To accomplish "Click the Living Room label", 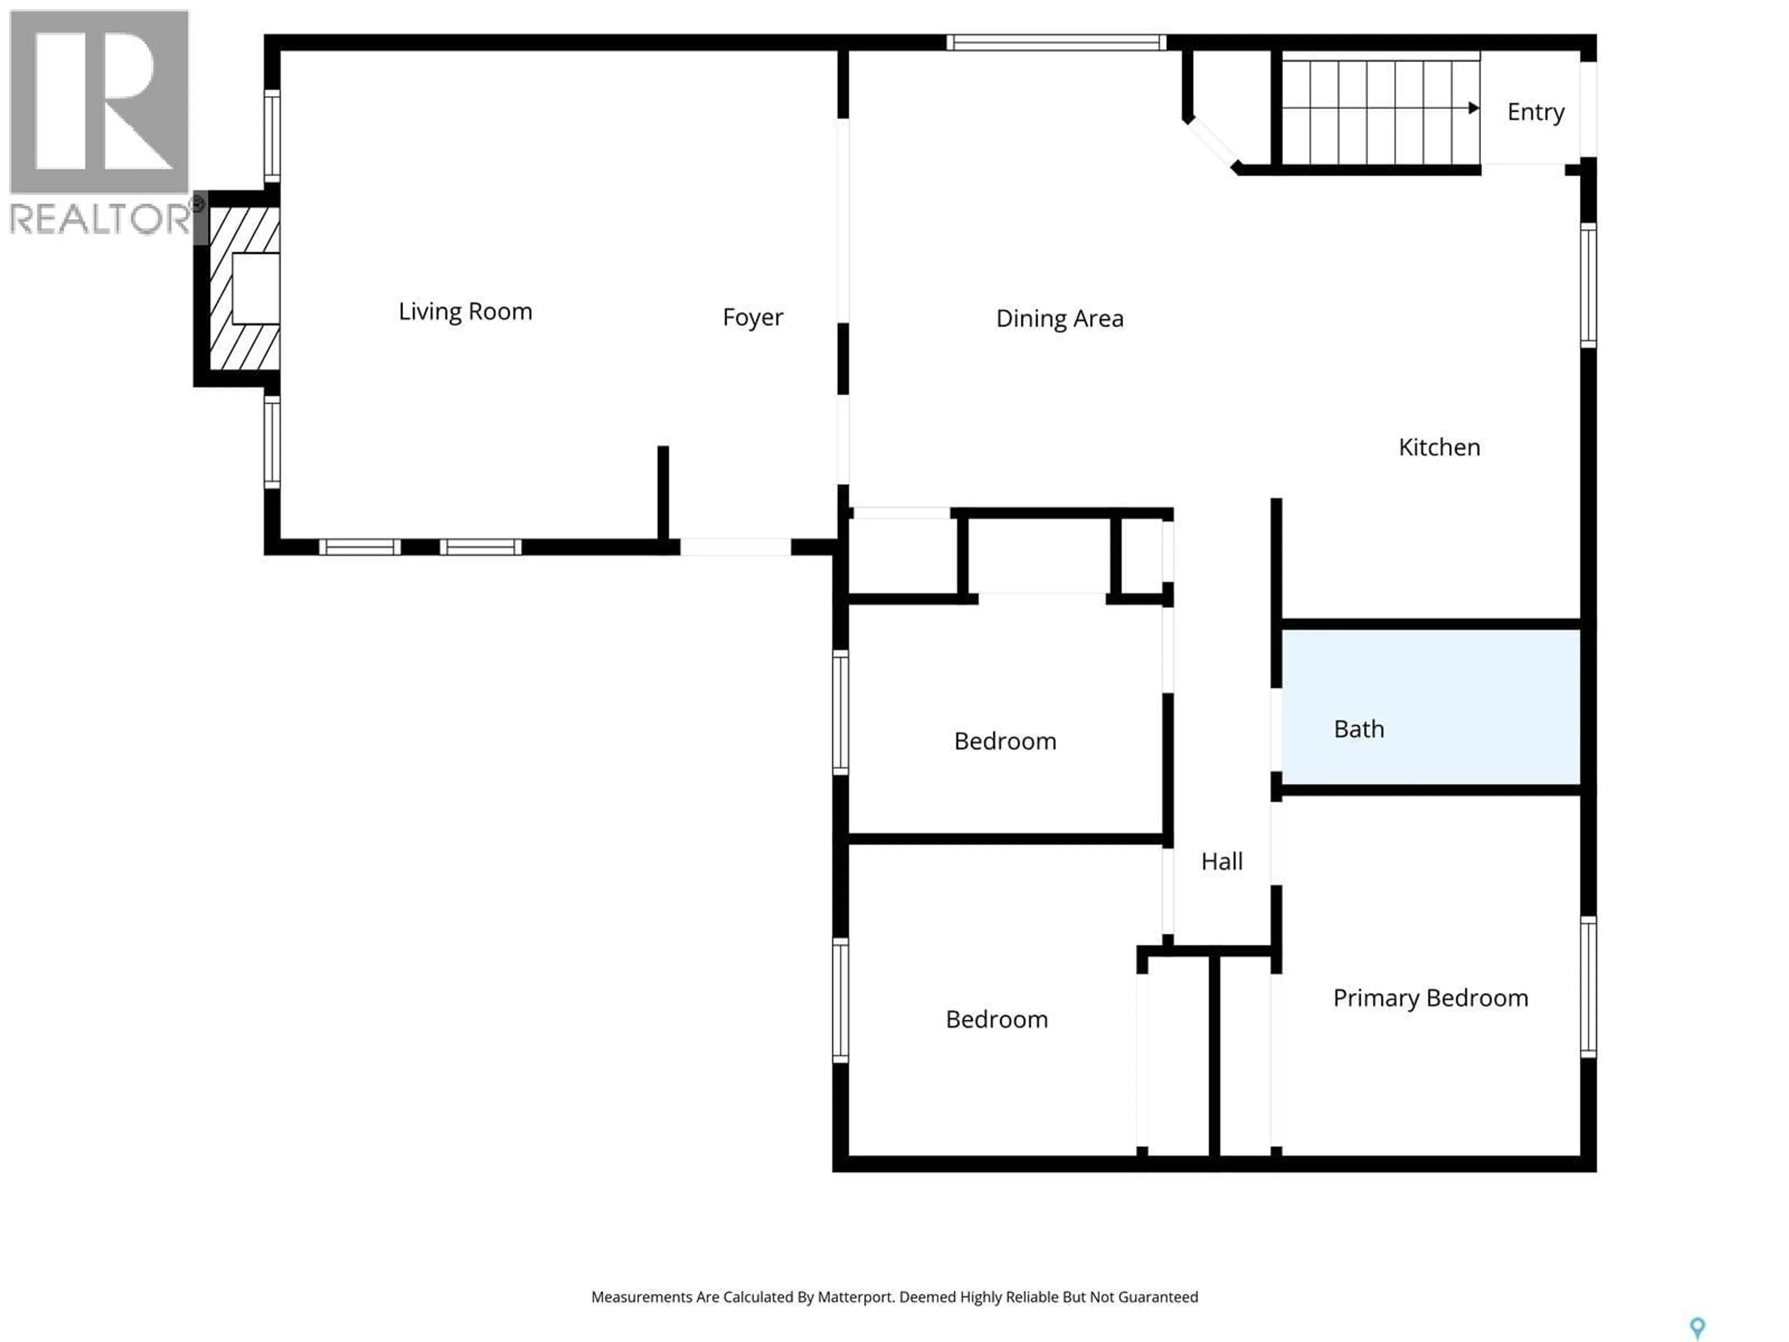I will point(465,311).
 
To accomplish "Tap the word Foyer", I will point(752,317).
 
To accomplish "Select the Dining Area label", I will point(1059,319).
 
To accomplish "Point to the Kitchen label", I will point(1439,447).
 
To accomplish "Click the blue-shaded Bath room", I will point(1430,706).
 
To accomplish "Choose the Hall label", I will point(1221,862).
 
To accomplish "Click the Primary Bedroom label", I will point(1430,998).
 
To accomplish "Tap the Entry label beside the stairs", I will point(1535,112).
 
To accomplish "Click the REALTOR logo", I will point(100,121).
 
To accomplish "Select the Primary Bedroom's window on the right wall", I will point(1588,987).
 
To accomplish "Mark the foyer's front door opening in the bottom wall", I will point(734,548).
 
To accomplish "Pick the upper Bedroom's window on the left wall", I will point(840,712).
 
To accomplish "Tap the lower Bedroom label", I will point(997,1019).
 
